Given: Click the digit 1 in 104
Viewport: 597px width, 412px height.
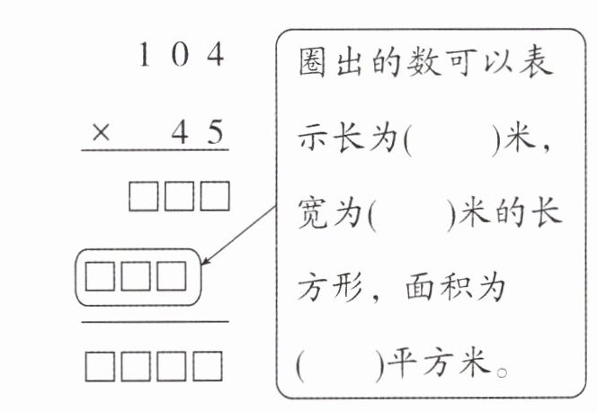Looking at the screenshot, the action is [144, 54].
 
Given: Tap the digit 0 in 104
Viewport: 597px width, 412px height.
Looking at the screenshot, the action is [180, 54].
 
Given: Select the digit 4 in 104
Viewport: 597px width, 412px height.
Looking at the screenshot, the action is [216, 54].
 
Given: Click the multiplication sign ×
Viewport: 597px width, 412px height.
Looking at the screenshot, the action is [101, 133].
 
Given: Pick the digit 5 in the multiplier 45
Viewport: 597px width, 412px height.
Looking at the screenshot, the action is [216, 131].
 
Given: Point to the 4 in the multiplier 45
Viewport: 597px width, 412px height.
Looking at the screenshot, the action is [180, 131].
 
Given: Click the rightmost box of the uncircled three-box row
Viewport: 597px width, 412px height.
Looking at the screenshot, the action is [215, 196].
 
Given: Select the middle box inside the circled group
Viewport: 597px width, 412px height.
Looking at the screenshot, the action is [136, 276].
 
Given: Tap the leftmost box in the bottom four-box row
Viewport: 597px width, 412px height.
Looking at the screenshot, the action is [100, 366].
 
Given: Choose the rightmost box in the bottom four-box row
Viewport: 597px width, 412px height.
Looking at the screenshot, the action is [208, 366].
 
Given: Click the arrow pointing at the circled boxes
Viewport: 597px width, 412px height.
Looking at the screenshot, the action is [239, 236].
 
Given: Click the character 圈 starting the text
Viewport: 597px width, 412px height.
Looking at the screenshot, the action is [312, 63].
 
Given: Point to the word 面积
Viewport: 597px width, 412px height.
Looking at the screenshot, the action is [437, 288].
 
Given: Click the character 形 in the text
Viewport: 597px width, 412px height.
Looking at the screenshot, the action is [348, 288].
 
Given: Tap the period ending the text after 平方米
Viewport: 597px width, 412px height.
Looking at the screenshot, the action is [503, 372].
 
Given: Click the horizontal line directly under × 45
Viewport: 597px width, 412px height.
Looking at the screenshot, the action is [155, 150].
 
